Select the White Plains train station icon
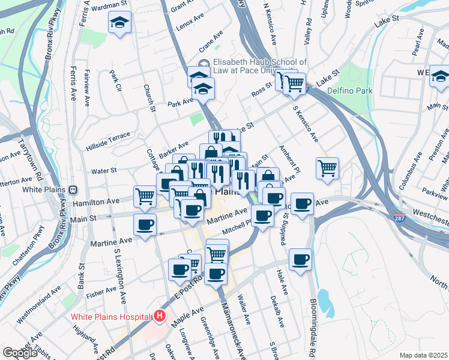(x=73, y=189)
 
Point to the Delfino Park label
(x=350, y=91)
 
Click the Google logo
(x=20, y=353)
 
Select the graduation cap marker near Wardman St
(x=120, y=24)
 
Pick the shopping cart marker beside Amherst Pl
(x=327, y=169)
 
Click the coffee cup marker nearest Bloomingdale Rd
(x=301, y=260)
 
